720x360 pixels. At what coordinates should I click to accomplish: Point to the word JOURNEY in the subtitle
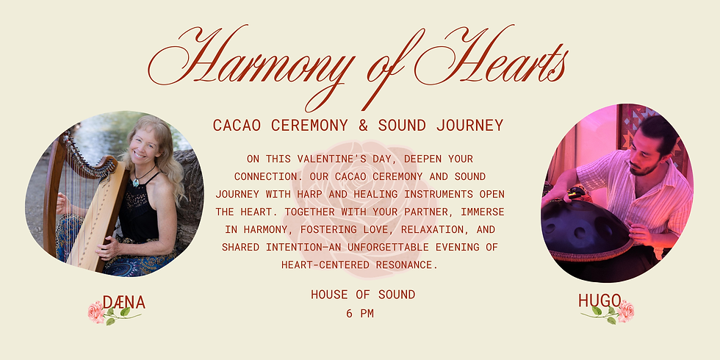coord(468,125)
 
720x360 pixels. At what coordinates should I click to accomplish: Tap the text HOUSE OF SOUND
coord(362,295)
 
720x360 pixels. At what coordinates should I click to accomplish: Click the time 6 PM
coord(360,313)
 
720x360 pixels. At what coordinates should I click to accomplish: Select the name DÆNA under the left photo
coord(124,302)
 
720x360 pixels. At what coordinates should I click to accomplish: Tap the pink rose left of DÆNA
coord(96,312)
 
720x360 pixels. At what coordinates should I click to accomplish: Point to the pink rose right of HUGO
coord(625,311)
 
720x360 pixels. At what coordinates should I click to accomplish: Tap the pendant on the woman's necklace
coord(135,181)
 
